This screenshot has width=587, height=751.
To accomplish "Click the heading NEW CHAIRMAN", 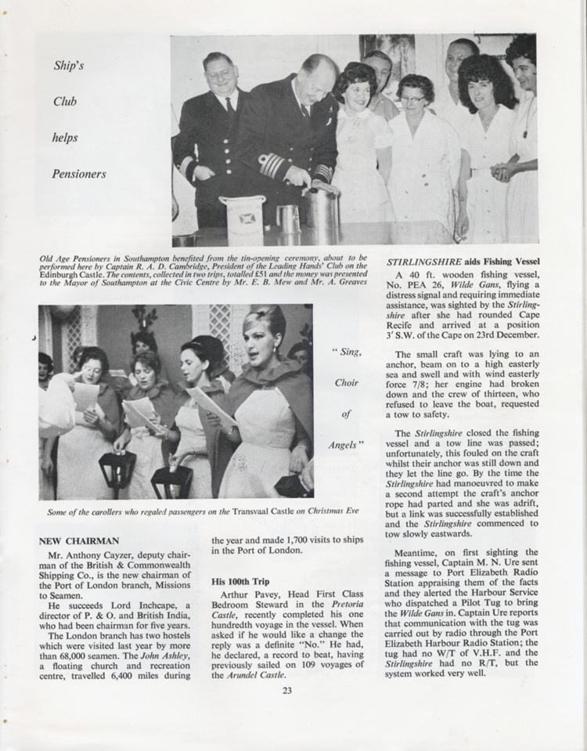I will tap(79, 540).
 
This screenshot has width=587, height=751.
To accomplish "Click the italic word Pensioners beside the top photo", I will tap(79, 174).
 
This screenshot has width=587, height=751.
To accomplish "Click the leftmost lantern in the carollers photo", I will tap(118, 471).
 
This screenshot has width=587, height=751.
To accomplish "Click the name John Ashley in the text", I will tap(144, 644).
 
